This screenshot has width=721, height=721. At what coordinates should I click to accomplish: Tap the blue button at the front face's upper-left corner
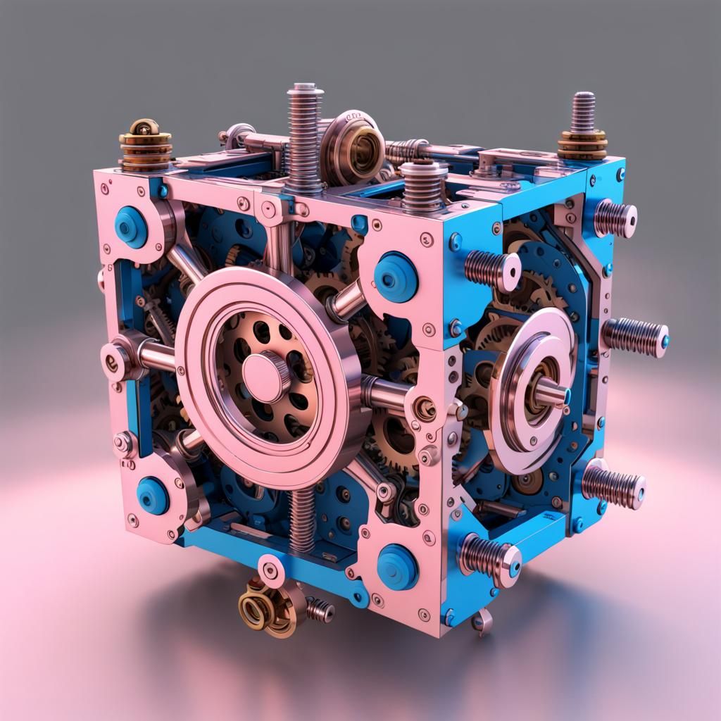pyautogui.click(x=132, y=227)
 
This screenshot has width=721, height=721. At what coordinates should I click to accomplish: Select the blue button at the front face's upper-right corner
pyautogui.click(x=395, y=277)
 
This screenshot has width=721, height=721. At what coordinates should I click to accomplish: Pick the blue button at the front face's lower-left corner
pyautogui.click(x=153, y=496)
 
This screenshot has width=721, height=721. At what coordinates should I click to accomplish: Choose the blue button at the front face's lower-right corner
pyautogui.click(x=397, y=567)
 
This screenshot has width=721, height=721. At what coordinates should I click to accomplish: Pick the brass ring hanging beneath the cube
pyautogui.click(x=256, y=610)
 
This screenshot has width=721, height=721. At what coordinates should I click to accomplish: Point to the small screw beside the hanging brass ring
pyautogui.click(x=320, y=610)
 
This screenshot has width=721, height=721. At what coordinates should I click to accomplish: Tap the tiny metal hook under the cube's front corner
pyautogui.click(x=482, y=621)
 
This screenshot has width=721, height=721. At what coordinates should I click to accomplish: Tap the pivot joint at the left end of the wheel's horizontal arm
pyautogui.click(x=116, y=357)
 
